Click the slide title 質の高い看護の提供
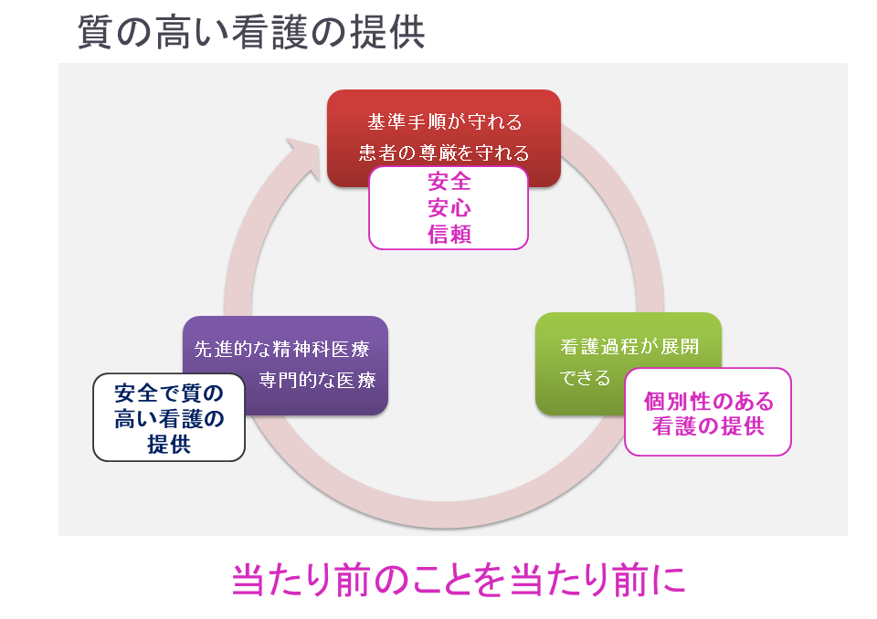pos(251,32)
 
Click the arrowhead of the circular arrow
pos(301,155)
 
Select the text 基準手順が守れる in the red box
pos(444,121)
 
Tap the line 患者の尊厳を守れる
pos(444,152)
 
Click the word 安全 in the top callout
pos(449,182)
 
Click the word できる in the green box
pos(585,378)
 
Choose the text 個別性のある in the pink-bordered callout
pos(708,401)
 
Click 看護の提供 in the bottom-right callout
pos(708,425)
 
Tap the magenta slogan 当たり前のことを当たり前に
pos(458,581)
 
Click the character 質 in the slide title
pos(97,32)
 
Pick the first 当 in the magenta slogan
pos(251,581)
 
